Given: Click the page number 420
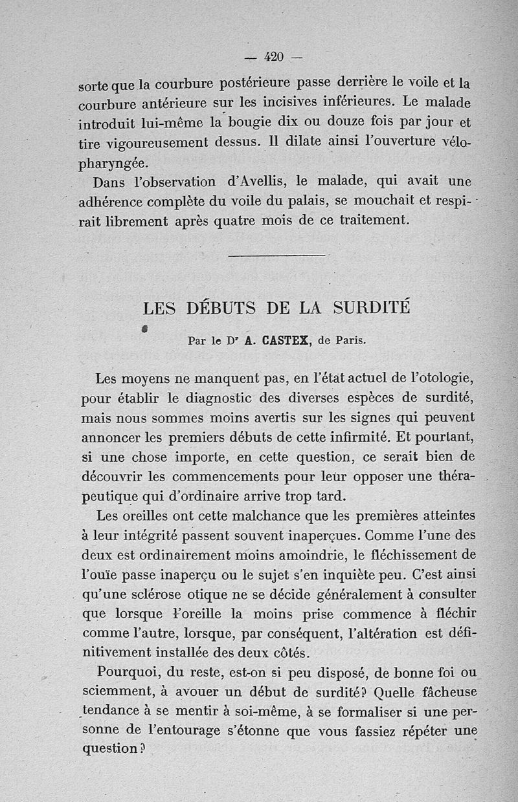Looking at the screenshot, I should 275,56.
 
